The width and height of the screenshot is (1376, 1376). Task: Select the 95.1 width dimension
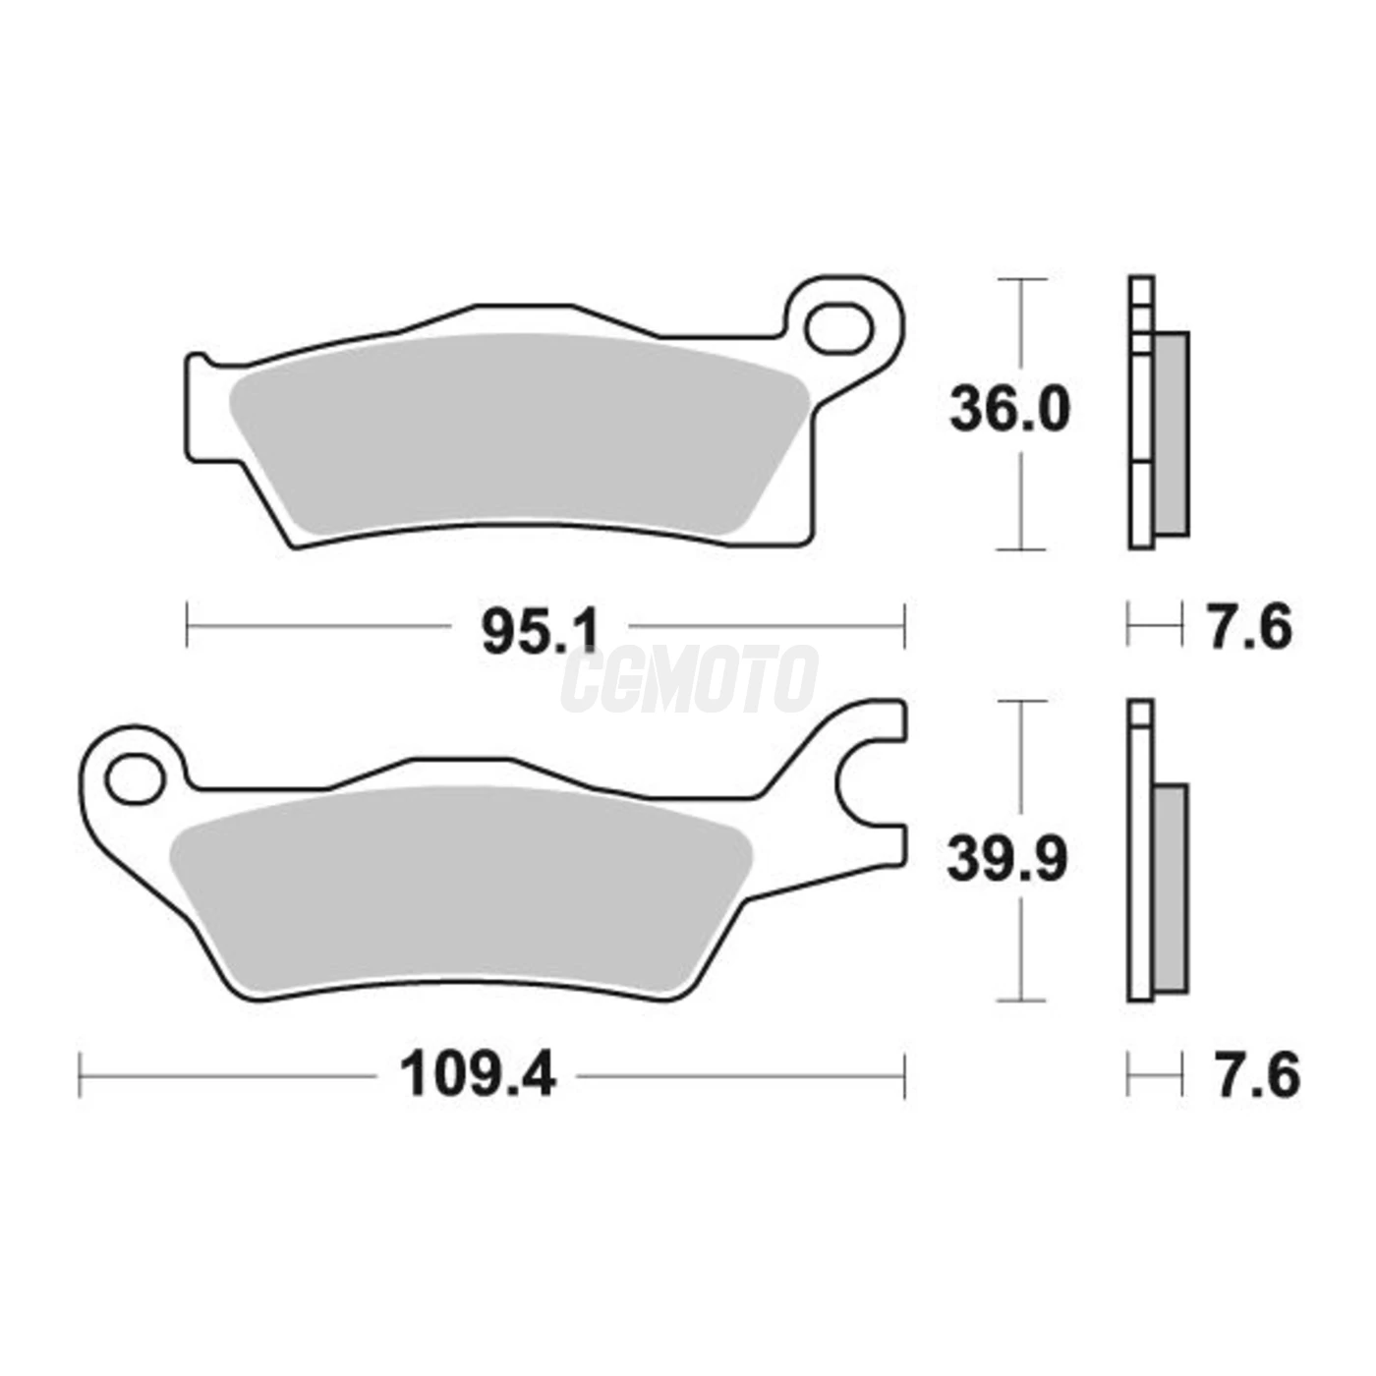[x=540, y=632]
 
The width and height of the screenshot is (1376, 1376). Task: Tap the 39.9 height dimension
[x=1007, y=859]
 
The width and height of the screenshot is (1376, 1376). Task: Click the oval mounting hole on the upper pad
[x=838, y=329]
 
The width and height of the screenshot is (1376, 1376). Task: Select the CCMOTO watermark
[x=688, y=679]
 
